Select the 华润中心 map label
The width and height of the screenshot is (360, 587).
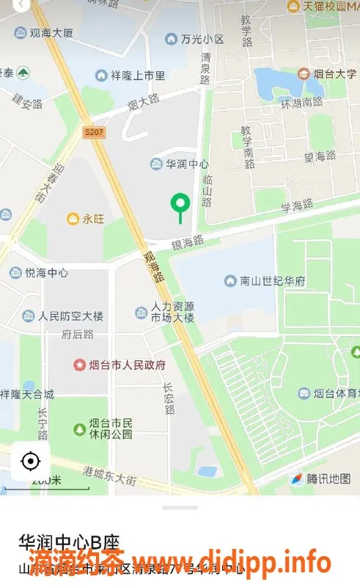(x=187, y=164)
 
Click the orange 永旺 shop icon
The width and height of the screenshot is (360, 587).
(x=73, y=219)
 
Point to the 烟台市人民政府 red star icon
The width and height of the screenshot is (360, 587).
(x=79, y=365)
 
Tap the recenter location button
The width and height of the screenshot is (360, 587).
(x=30, y=462)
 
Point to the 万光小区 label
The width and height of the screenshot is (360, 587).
(x=202, y=38)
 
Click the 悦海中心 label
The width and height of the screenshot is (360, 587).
(x=46, y=273)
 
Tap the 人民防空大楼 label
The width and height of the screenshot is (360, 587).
(x=70, y=316)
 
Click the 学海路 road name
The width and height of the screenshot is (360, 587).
(x=297, y=205)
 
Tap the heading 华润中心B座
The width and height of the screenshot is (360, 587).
(x=70, y=542)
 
